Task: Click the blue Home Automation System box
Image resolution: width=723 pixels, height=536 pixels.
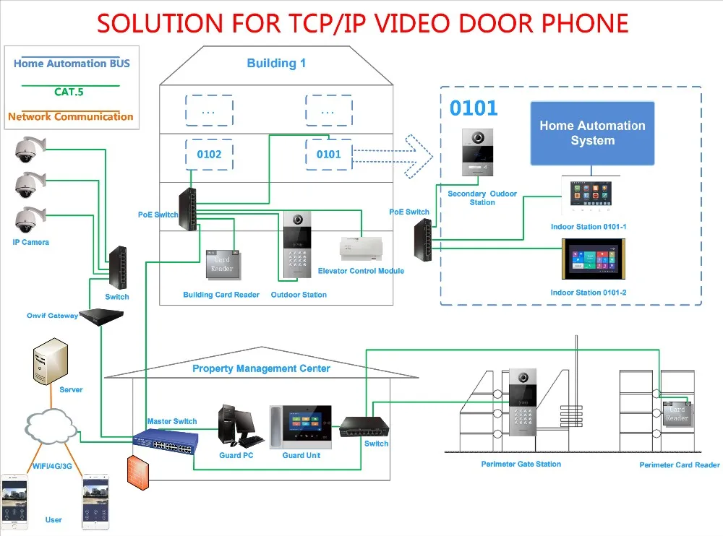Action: point(592,134)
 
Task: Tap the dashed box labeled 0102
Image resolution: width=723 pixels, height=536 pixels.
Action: point(209,154)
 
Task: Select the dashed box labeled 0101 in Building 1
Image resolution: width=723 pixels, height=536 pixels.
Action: point(329,154)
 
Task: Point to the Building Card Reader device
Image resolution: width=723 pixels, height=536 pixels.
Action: point(222,265)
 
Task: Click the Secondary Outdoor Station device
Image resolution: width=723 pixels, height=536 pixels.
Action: point(482,152)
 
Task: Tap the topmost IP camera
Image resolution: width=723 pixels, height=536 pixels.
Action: point(29,150)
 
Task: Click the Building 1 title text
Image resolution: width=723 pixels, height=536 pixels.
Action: point(276,64)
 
